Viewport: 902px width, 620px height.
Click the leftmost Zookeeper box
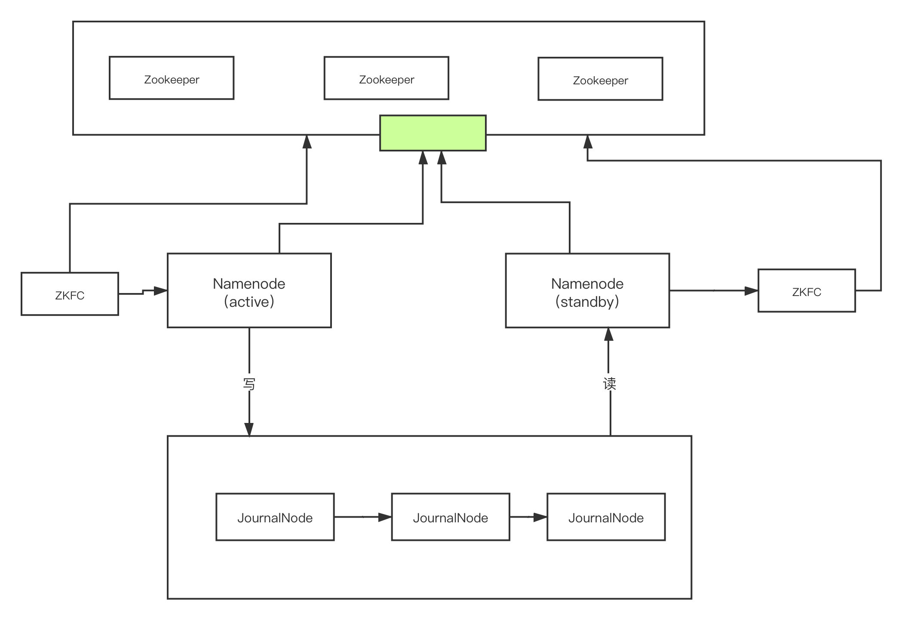pyautogui.click(x=172, y=78)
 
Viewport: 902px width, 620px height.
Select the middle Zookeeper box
pyautogui.click(x=386, y=78)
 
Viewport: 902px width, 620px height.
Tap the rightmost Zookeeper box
pyautogui.click(x=600, y=79)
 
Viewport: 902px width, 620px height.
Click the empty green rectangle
pyautogui.click(x=433, y=133)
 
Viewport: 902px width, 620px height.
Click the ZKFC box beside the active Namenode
pyautogui.click(x=70, y=294)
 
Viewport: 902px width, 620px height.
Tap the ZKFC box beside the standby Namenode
pyautogui.click(x=807, y=291)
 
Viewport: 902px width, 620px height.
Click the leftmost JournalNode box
pyautogui.click(x=275, y=517)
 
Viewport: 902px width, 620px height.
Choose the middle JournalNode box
pyautogui.click(x=450, y=517)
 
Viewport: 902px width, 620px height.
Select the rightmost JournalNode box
pyautogui.click(x=606, y=517)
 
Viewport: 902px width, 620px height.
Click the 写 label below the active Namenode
pyautogui.click(x=249, y=382)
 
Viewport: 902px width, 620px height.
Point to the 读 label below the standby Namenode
pyautogui.click(x=609, y=382)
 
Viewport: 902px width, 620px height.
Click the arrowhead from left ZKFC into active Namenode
pyautogui.click(x=160, y=291)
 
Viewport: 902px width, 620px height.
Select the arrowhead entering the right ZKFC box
pyautogui.click(x=751, y=291)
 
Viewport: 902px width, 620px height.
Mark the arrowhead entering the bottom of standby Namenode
pyautogui.click(x=608, y=335)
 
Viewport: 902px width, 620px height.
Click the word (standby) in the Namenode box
pyautogui.click(x=587, y=302)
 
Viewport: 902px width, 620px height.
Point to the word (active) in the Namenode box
pyautogui.click(x=249, y=302)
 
